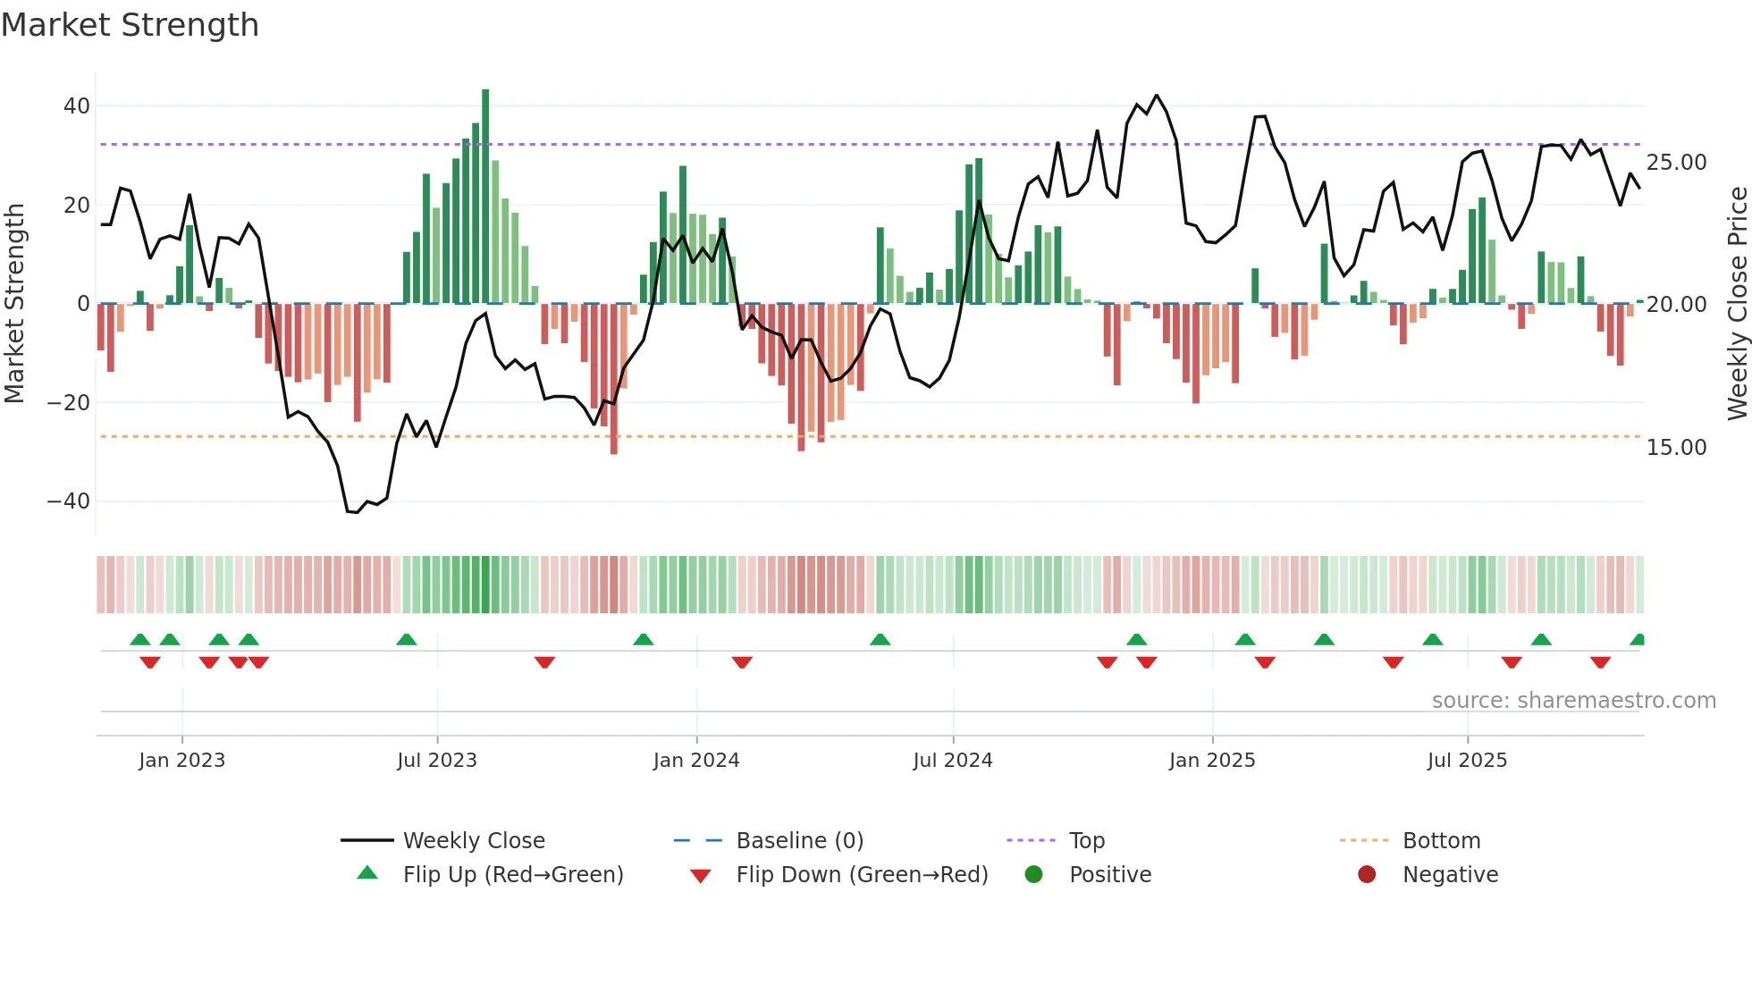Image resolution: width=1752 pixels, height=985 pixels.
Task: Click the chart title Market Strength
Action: [130, 25]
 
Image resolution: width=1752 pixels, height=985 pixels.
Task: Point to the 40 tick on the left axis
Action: [77, 106]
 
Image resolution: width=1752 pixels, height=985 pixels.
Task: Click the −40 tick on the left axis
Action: [69, 501]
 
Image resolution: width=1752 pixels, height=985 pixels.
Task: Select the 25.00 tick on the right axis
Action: [1676, 163]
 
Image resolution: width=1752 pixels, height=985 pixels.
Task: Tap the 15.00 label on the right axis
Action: [1676, 448]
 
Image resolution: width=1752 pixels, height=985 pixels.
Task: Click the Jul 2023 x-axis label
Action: [437, 761]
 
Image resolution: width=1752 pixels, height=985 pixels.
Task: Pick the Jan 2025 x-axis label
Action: [1212, 761]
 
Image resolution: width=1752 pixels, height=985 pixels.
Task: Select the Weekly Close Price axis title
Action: [1737, 304]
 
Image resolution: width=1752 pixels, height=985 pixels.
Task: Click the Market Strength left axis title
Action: [14, 304]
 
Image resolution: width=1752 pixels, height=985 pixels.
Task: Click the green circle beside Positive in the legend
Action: [1034, 875]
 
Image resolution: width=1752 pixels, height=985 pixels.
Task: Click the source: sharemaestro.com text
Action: [1573, 701]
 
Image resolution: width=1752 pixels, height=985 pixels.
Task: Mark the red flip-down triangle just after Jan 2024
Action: [742, 662]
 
